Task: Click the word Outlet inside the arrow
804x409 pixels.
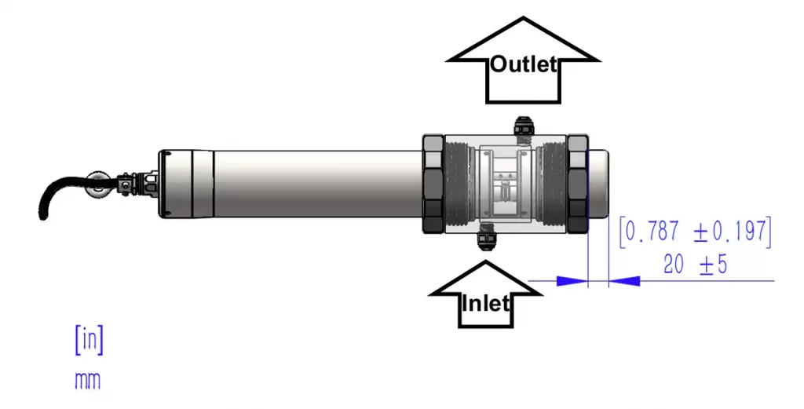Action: point(523,64)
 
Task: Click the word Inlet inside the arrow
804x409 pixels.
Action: point(486,302)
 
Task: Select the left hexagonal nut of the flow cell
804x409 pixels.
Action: point(433,184)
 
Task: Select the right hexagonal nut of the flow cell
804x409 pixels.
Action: point(578,184)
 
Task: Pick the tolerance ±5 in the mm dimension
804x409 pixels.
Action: point(713,265)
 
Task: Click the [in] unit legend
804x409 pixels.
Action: point(89,340)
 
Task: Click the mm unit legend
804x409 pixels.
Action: point(88,381)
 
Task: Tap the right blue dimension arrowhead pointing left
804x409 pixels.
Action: point(624,280)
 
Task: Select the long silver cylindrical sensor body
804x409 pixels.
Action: point(314,184)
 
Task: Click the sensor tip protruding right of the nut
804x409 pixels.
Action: point(599,184)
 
